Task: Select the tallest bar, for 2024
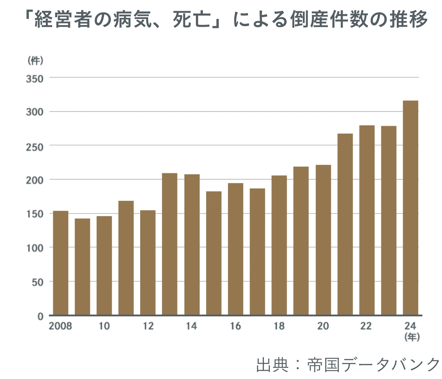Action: click(x=410, y=208)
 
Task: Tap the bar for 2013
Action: click(x=170, y=244)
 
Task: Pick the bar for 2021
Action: click(x=345, y=224)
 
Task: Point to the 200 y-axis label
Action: click(x=35, y=180)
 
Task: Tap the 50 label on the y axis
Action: click(x=38, y=282)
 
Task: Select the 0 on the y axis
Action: click(x=40, y=316)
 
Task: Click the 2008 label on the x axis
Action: click(x=60, y=326)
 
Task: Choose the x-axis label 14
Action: click(x=191, y=326)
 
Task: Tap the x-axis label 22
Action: click(x=366, y=326)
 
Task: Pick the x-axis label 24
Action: click(x=410, y=326)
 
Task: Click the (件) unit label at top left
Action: click(x=35, y=61)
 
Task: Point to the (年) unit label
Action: click(x=411, y=337)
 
